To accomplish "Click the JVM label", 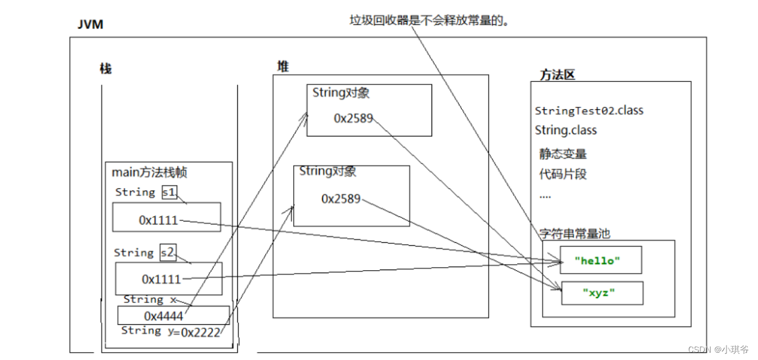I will point(90,25).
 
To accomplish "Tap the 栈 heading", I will point(106,69).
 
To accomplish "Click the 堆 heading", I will point(283,67).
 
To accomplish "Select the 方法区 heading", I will point(557,75).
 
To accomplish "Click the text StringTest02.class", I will point(589,110).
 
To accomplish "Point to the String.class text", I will point(566,130).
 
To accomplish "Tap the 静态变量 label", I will point(563,154).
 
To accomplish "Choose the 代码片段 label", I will point(563,174).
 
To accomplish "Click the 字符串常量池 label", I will point(574,233).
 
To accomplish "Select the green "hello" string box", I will point(600,260).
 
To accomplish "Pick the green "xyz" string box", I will point(601,293).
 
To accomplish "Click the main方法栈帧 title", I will point(149,172).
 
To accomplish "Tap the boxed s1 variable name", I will point(169,192).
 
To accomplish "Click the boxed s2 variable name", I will point(168,253).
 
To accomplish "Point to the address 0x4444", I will point(163,316).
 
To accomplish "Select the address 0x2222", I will point(200,332).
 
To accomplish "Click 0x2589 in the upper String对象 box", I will point(353,118).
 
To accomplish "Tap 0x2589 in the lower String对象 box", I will point(340,199).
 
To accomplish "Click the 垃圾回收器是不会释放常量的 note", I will point(428,20).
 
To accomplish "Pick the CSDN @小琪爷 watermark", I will point(719,349).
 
